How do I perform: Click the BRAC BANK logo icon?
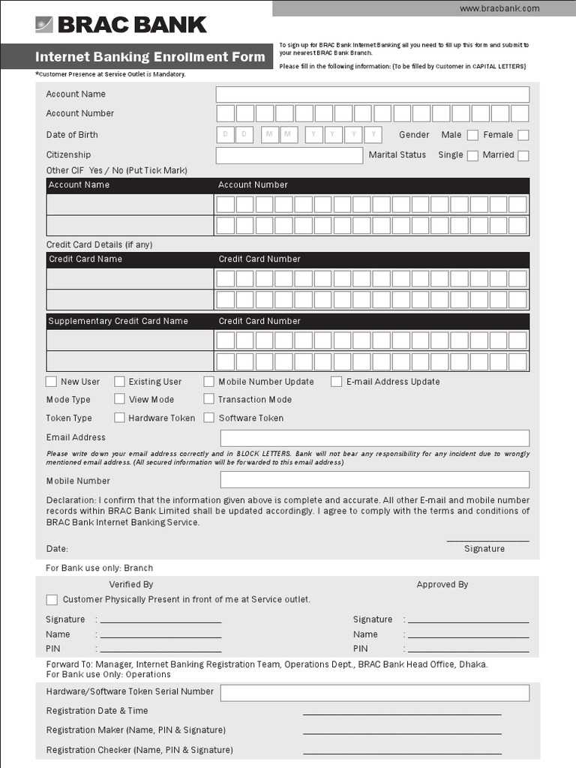[x=44, y=25]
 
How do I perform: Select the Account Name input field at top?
[x=372, y=94]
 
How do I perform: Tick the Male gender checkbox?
[x=472, y=136]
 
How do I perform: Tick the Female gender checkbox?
[x=523, y=136]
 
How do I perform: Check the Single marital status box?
[x=472, y=156]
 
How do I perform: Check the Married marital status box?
[x=523, y=156]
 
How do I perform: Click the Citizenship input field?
[x=289, y=155]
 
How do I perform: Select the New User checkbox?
[x=52, y=382]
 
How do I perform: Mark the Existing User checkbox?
[x=119, y=382]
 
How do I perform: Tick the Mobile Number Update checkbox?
[x=209, y=382]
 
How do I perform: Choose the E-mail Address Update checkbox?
[x=337, y=382]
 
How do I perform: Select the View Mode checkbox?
[x=119, y=400]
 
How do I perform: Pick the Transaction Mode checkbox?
[x=209, y=400]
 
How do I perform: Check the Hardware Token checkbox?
[x=119, y=418]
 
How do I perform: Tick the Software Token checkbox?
[x=209, y=418]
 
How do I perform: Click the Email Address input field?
[x=374, y=438]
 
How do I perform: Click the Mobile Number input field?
[x=374, y=480]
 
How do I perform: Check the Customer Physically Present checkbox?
[x=52, y=600]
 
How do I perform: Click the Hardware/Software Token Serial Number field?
[x=374, y=692]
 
